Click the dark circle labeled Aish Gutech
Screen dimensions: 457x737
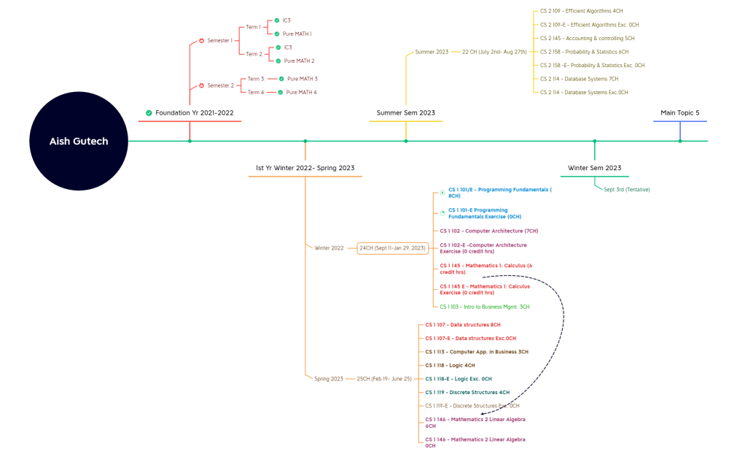click(79, 141)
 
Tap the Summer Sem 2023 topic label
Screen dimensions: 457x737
click(405, 113)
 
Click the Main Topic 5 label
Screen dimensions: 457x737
click(679, 113)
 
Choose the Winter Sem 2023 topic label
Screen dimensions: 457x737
click(595, 168)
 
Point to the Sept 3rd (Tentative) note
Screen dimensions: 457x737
click(626, 190)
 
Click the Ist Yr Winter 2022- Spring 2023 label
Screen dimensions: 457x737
click(305, 168)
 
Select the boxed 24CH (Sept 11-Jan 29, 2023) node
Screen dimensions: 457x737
click(392, 248)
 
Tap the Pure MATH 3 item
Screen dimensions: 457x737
click(302, 79)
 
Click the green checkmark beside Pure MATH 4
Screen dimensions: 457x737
click(281, 93)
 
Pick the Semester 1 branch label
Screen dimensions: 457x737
click(219, 41)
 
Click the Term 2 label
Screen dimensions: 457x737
click(253, 54)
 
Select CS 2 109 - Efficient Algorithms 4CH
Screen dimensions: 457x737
click(581, 12)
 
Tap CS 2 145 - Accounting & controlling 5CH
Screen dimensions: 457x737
click(587, 38)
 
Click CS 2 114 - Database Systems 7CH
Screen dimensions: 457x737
click(579, 79)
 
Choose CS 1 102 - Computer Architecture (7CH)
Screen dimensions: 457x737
click(488, 231)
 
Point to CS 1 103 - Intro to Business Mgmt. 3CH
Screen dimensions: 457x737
click(484, 307)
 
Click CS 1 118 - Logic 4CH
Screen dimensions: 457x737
click(450, 365)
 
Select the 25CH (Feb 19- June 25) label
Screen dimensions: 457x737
click(384, 379)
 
